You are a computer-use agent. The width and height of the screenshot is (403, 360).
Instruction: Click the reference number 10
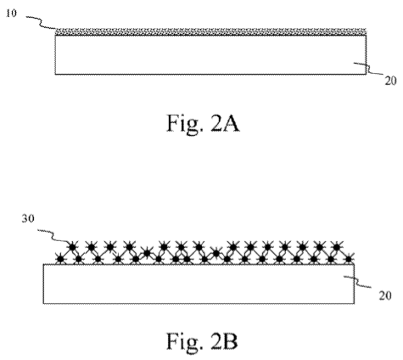pyautogui.click(x=11, y=13)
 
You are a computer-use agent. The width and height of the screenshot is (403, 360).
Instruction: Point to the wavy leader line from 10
pyautogui.click(x=41, y=24)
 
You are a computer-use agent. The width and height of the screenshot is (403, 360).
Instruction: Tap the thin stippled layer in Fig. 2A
pyautogui.click(x=210, y=31)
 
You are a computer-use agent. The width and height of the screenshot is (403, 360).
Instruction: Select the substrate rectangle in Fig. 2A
pyautogui.click(x=210, y=54)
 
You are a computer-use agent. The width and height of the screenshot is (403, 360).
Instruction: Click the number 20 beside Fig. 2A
pyautogui.click(x=390, y=82)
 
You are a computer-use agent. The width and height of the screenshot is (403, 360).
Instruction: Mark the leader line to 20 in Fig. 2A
pyautogui.click(x=368, y=69)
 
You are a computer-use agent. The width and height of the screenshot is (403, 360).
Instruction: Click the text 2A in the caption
pyautogui.click(x=225, y=123)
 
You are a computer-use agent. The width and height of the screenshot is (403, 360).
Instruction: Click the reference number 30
pyautogui.click(x=28, y=218)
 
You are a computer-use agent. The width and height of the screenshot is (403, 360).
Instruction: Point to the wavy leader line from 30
pyautogui.click(x=53, y=237)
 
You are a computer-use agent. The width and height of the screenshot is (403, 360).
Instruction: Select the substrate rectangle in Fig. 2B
pyautogui.click(x=199, y=284)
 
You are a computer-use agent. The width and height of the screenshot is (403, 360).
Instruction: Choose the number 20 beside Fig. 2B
pyautogui.click(x=385, y=295)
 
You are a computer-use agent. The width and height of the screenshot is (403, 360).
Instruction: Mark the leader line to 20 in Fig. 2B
pyautogui.click(x=357, y=282)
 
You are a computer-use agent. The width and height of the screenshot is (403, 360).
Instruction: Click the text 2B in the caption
pyautogui.click(x=224, y=341)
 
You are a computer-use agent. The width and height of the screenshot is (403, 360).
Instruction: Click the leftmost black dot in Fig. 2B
pyautogui.click(x=60, y=259)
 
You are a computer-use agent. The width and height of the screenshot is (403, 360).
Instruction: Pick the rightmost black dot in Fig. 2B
pyautogui.click(x=349, y=259)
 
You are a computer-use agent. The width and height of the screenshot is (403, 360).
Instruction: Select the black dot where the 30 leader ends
pyautogui.click(x=73, y=247)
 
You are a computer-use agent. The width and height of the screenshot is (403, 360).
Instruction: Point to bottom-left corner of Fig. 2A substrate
pyautogui.click(x=55, y=75)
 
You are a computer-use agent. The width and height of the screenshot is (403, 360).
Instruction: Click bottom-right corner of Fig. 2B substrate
pyautogui.click(x=354, y=304)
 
